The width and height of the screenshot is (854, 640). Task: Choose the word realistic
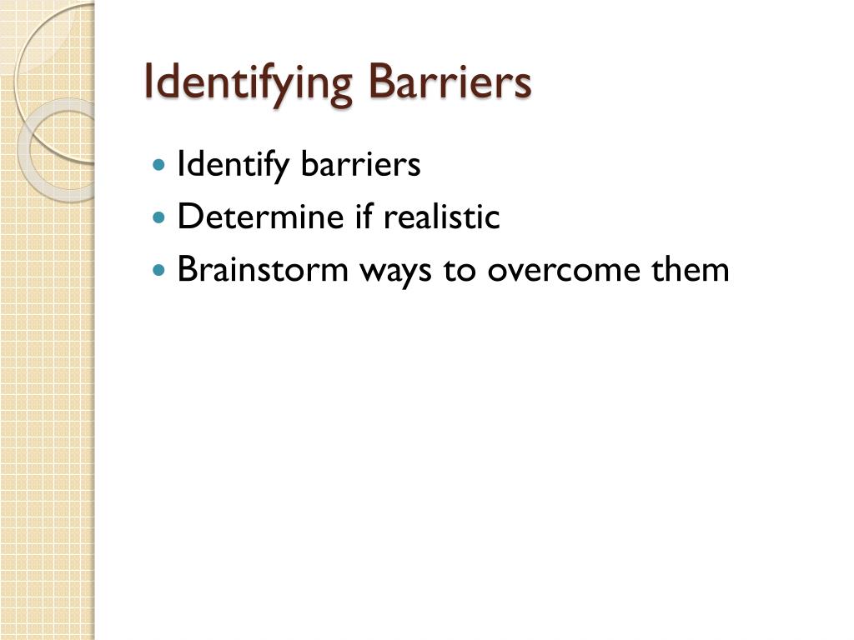point(441,217)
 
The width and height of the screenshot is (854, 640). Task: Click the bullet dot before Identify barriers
point(160,166)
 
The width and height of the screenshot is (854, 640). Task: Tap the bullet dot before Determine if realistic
point(160,218)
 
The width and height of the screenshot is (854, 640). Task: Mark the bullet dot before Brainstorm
point(160,271)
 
